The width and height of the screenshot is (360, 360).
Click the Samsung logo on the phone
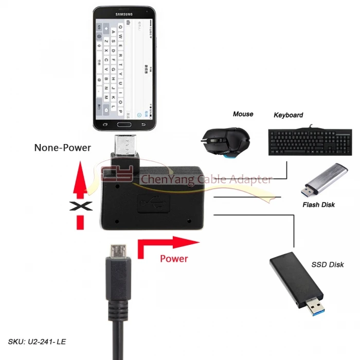click(124, 14)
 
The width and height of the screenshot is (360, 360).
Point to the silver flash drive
click(322, 180)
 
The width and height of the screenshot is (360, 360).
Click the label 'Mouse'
click(243, 114)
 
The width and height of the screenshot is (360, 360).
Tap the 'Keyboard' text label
click(288, 115)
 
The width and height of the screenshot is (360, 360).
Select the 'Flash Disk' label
click(318, 205)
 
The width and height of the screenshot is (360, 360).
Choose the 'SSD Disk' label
click(328, 264)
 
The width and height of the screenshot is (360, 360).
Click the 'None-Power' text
click(62, 148)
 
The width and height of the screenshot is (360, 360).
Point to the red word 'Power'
click(174, 259)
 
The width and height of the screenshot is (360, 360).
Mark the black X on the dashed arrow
click(80, 207)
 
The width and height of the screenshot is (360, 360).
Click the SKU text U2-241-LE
click(37, 341)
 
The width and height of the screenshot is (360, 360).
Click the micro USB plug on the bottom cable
click(118, 251)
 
